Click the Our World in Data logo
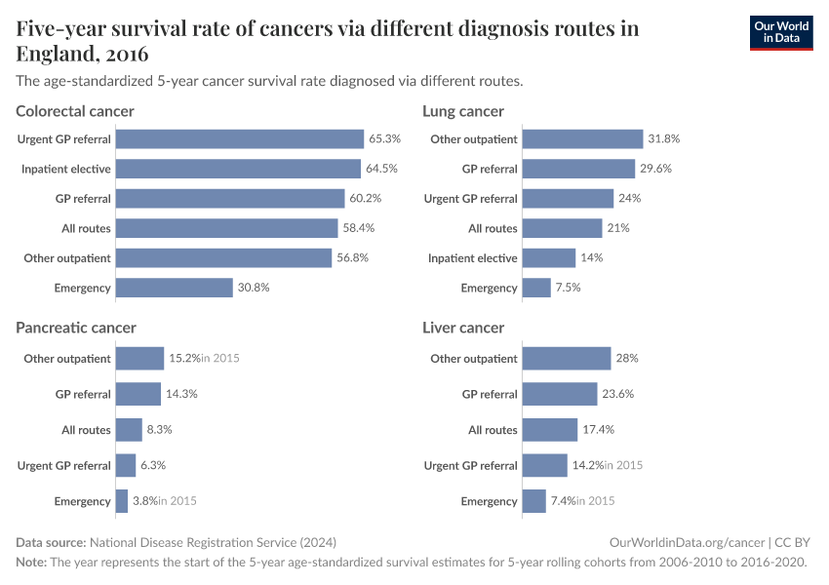780,31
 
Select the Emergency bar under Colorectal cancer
174,288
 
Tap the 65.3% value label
384,139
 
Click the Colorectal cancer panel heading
75,111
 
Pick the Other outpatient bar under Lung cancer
582,139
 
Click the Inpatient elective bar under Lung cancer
548,258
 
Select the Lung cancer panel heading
463,111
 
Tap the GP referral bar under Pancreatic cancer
138,394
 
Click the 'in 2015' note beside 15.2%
219,359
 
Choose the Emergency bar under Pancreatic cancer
122,501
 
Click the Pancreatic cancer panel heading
76,328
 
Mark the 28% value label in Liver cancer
626,359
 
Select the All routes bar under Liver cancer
549,430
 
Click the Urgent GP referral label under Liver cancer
470,466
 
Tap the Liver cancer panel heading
463,328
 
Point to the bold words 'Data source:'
51,542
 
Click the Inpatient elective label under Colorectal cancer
66,170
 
